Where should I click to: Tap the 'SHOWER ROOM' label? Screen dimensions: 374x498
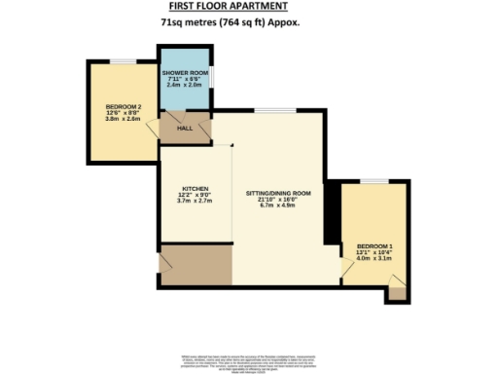(185, 73)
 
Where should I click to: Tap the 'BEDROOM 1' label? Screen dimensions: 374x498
(374, 244)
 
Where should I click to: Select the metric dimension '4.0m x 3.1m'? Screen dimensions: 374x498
(374, 258)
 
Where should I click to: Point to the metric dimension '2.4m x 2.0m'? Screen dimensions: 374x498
(185, 87)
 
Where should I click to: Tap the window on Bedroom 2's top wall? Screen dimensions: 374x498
(121, 62)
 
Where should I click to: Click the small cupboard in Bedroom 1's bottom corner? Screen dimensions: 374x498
(396, 292)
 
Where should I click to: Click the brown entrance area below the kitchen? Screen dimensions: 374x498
(196, 261)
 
